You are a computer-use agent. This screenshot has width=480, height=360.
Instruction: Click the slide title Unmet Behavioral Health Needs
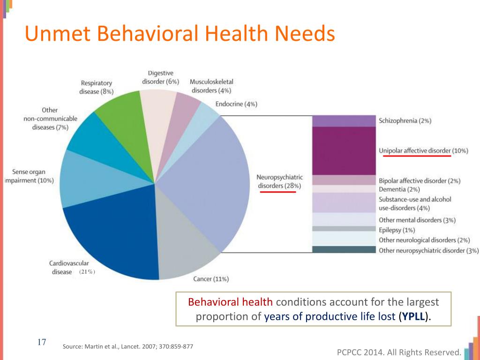pyautogui.click(x=180, y=34)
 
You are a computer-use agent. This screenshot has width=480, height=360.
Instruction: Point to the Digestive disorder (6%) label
pyautogui.click(x=160, y=77)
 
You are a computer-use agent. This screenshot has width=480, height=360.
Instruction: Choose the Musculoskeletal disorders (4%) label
pyautogui.click(x=211, y=86)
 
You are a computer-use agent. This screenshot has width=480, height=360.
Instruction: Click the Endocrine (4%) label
pyautogui.click(x=236, y=104)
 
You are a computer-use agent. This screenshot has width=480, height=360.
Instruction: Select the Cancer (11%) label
pyautogui.click(x=211, y=279)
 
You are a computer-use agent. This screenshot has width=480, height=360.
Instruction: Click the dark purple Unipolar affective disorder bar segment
pyautogui.click(x=344, y=150)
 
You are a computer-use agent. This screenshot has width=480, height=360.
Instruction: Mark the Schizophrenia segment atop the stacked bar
pyautogui.click(x=344, y=121)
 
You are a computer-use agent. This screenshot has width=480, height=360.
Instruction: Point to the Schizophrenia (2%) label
pyautogui.click(x=405, y=121)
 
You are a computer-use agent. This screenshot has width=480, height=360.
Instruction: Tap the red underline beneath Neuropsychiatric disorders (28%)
pyautogui.click(x=277, y=192)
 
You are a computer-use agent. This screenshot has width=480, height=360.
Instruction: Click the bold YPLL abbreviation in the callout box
pyautogui.click(x=413, y=316)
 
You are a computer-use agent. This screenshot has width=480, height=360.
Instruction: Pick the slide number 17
pyautogui.click(x=41, y=342)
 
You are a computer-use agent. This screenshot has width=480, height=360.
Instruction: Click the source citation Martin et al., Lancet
pyautogui.click(x=128, y=346)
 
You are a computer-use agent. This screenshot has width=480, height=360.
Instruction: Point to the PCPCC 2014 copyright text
pyautogui.click(x=399, y=352)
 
